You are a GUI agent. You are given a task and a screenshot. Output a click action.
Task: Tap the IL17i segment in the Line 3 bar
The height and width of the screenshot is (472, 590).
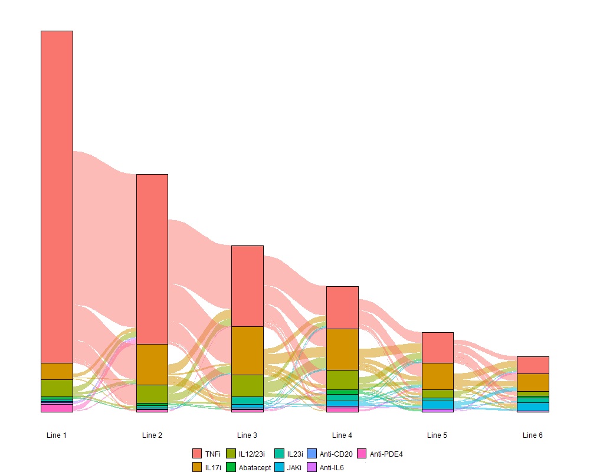point(247,350)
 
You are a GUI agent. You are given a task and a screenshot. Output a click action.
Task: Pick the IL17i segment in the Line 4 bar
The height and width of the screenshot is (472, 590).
point(343,349)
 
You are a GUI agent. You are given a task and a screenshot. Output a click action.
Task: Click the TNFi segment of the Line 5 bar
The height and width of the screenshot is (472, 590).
point(438,348)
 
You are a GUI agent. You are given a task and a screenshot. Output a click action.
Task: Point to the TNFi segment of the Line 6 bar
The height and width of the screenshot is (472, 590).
point(533,365)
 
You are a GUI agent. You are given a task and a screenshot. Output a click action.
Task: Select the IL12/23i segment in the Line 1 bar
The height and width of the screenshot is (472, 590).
point(57,388)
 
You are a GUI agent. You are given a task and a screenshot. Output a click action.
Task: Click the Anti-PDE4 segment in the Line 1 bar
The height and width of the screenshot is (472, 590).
point(57,408)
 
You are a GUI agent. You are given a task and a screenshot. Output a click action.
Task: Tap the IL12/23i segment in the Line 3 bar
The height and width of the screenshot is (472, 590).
point(247,385)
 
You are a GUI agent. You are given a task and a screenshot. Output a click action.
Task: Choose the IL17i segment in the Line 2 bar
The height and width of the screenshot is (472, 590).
point(152,364)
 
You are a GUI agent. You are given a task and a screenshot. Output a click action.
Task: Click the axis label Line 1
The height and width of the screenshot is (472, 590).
point(57,435)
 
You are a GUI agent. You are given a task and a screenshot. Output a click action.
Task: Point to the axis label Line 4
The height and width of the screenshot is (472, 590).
point(342,435)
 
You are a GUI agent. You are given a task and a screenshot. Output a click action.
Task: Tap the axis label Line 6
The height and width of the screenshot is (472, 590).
point(533,435)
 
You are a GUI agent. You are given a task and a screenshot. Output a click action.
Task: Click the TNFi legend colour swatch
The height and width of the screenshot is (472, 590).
point(197,454)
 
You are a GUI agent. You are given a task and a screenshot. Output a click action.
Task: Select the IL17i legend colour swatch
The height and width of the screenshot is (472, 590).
point(197,467)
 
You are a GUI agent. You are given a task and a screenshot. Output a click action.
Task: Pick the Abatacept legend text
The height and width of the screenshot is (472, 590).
point(255,468)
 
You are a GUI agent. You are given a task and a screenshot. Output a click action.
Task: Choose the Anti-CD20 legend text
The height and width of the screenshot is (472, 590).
point(336,454)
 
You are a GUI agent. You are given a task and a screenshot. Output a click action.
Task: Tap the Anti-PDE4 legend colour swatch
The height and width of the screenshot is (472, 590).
point(362,454)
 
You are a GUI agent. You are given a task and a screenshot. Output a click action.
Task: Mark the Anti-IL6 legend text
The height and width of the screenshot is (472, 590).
point(332,468)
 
